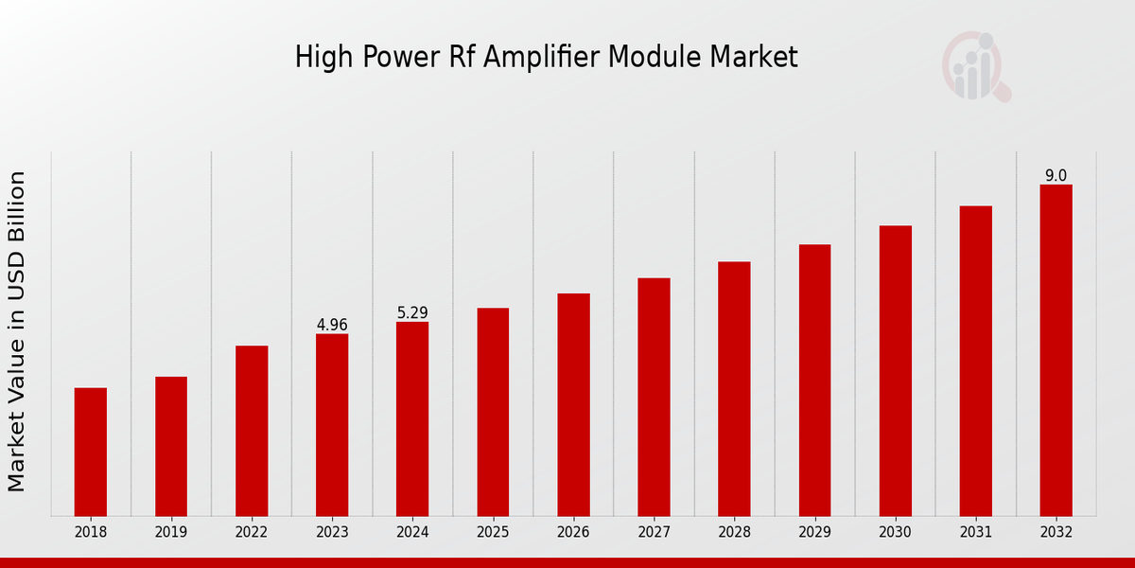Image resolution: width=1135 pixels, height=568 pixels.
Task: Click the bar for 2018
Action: click(91, 452)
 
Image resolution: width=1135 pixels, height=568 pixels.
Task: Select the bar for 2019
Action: click(171, 446)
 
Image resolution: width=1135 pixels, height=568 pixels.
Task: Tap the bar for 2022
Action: click(252, 431)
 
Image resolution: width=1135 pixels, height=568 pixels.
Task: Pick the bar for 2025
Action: click(493, 412)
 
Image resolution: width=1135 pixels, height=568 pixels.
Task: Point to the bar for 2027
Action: click(654, 397)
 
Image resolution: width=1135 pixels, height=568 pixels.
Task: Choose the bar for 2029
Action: click(814, 380)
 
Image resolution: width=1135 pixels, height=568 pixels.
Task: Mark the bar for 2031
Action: click(975, 361)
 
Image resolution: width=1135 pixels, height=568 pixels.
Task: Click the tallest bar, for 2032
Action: click(1056, 350)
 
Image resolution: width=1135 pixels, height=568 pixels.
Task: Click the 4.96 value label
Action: click(332, 325)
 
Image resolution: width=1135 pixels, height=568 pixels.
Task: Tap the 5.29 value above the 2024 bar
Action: click(412, 312)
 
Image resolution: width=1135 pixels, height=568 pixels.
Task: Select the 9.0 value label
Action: click(1056, 175)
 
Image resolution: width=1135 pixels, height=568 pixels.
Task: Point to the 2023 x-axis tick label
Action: click(332, 532)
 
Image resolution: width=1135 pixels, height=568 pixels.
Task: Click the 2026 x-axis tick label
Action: click(573, 532)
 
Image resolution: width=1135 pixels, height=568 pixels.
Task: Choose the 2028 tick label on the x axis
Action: click(734, 532)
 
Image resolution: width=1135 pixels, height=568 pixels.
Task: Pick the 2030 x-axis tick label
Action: click(895, 532)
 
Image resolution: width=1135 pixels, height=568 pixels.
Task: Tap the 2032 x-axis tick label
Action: click(1056, 532)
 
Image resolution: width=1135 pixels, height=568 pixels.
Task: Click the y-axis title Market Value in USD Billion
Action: click(17, 331)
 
